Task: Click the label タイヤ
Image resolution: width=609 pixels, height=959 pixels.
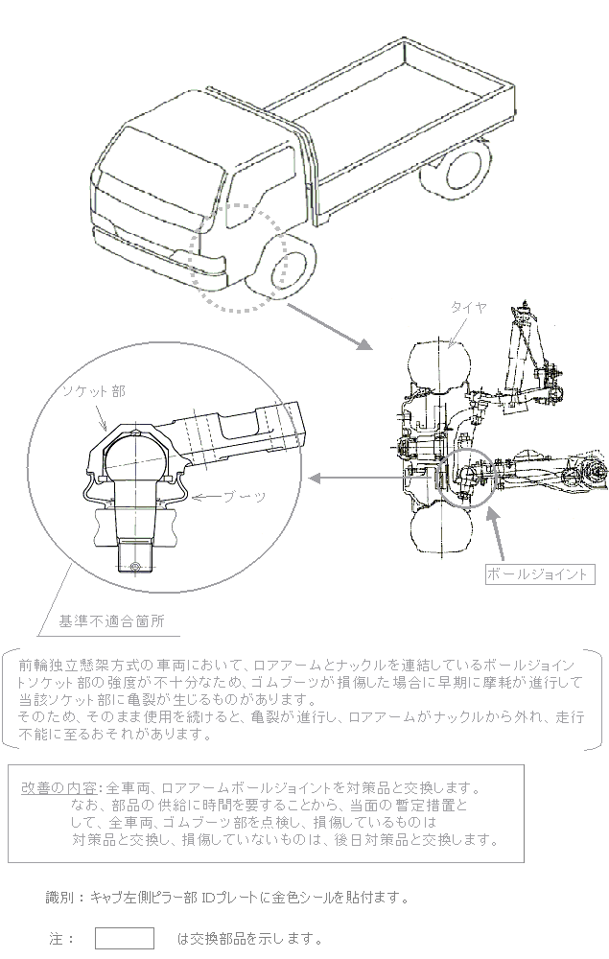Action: coord(469,307)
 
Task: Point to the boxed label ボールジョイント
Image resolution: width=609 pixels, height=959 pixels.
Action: coord(540,574)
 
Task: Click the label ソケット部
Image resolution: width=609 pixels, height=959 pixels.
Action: coord(94,391)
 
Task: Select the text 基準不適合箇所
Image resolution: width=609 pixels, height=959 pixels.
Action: coord(112,621)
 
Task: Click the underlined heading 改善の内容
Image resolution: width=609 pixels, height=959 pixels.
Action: coord(59,787)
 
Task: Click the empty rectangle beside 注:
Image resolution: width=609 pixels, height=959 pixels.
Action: coord(124,938)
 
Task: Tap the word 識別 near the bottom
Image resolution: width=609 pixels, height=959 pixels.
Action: coord(59,898)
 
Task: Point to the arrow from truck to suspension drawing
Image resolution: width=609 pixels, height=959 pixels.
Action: coord(330,326)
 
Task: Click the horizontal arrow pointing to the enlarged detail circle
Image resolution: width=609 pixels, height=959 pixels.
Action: coord(355,478)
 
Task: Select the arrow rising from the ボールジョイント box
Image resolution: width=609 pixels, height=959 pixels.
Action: coord(496,533)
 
